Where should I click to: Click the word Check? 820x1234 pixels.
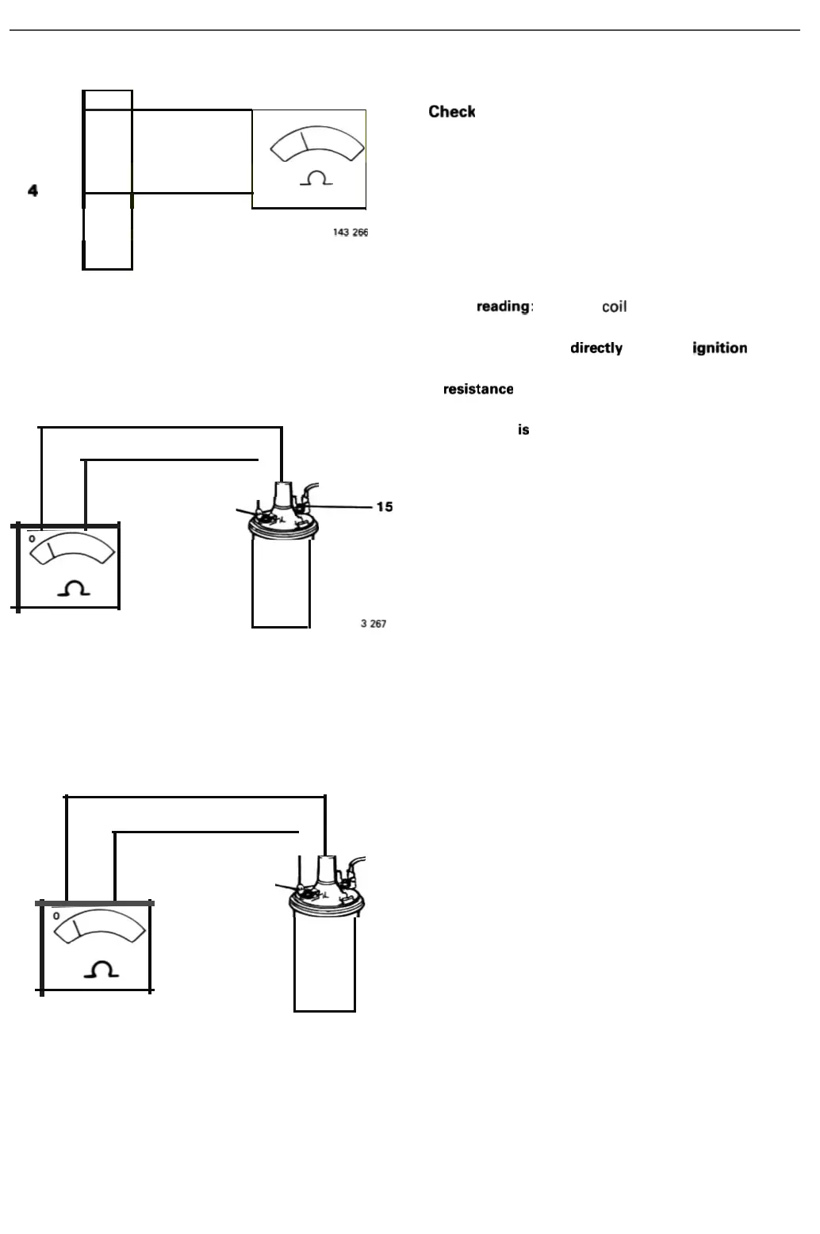click(451, 112)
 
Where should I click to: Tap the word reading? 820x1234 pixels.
click(503, 306)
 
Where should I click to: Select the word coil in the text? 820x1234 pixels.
click(614, 307)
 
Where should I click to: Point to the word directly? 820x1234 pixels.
click(596, 348)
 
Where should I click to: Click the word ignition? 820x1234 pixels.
click(719, 348)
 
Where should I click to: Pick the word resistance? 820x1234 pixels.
click(478, 389)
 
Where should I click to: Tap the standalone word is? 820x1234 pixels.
click(523, 430)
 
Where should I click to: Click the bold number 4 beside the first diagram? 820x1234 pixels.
click(33, 190)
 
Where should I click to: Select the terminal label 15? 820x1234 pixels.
click(385, 507)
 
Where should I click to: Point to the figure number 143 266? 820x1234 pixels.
click(350, 233)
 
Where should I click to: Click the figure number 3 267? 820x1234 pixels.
click(374, 624)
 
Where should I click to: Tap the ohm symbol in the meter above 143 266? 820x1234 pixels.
click(316, 179)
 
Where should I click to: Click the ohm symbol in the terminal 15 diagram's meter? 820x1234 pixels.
click(74, 589)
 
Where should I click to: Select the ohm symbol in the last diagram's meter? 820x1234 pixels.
click(102, 969)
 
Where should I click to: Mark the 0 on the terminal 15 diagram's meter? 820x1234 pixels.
click(32, 539)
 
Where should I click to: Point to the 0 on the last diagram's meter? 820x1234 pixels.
click(56, 916)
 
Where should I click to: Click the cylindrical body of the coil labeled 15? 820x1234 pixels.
click(281, 583)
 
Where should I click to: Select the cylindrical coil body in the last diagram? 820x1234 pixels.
click(324, 964)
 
